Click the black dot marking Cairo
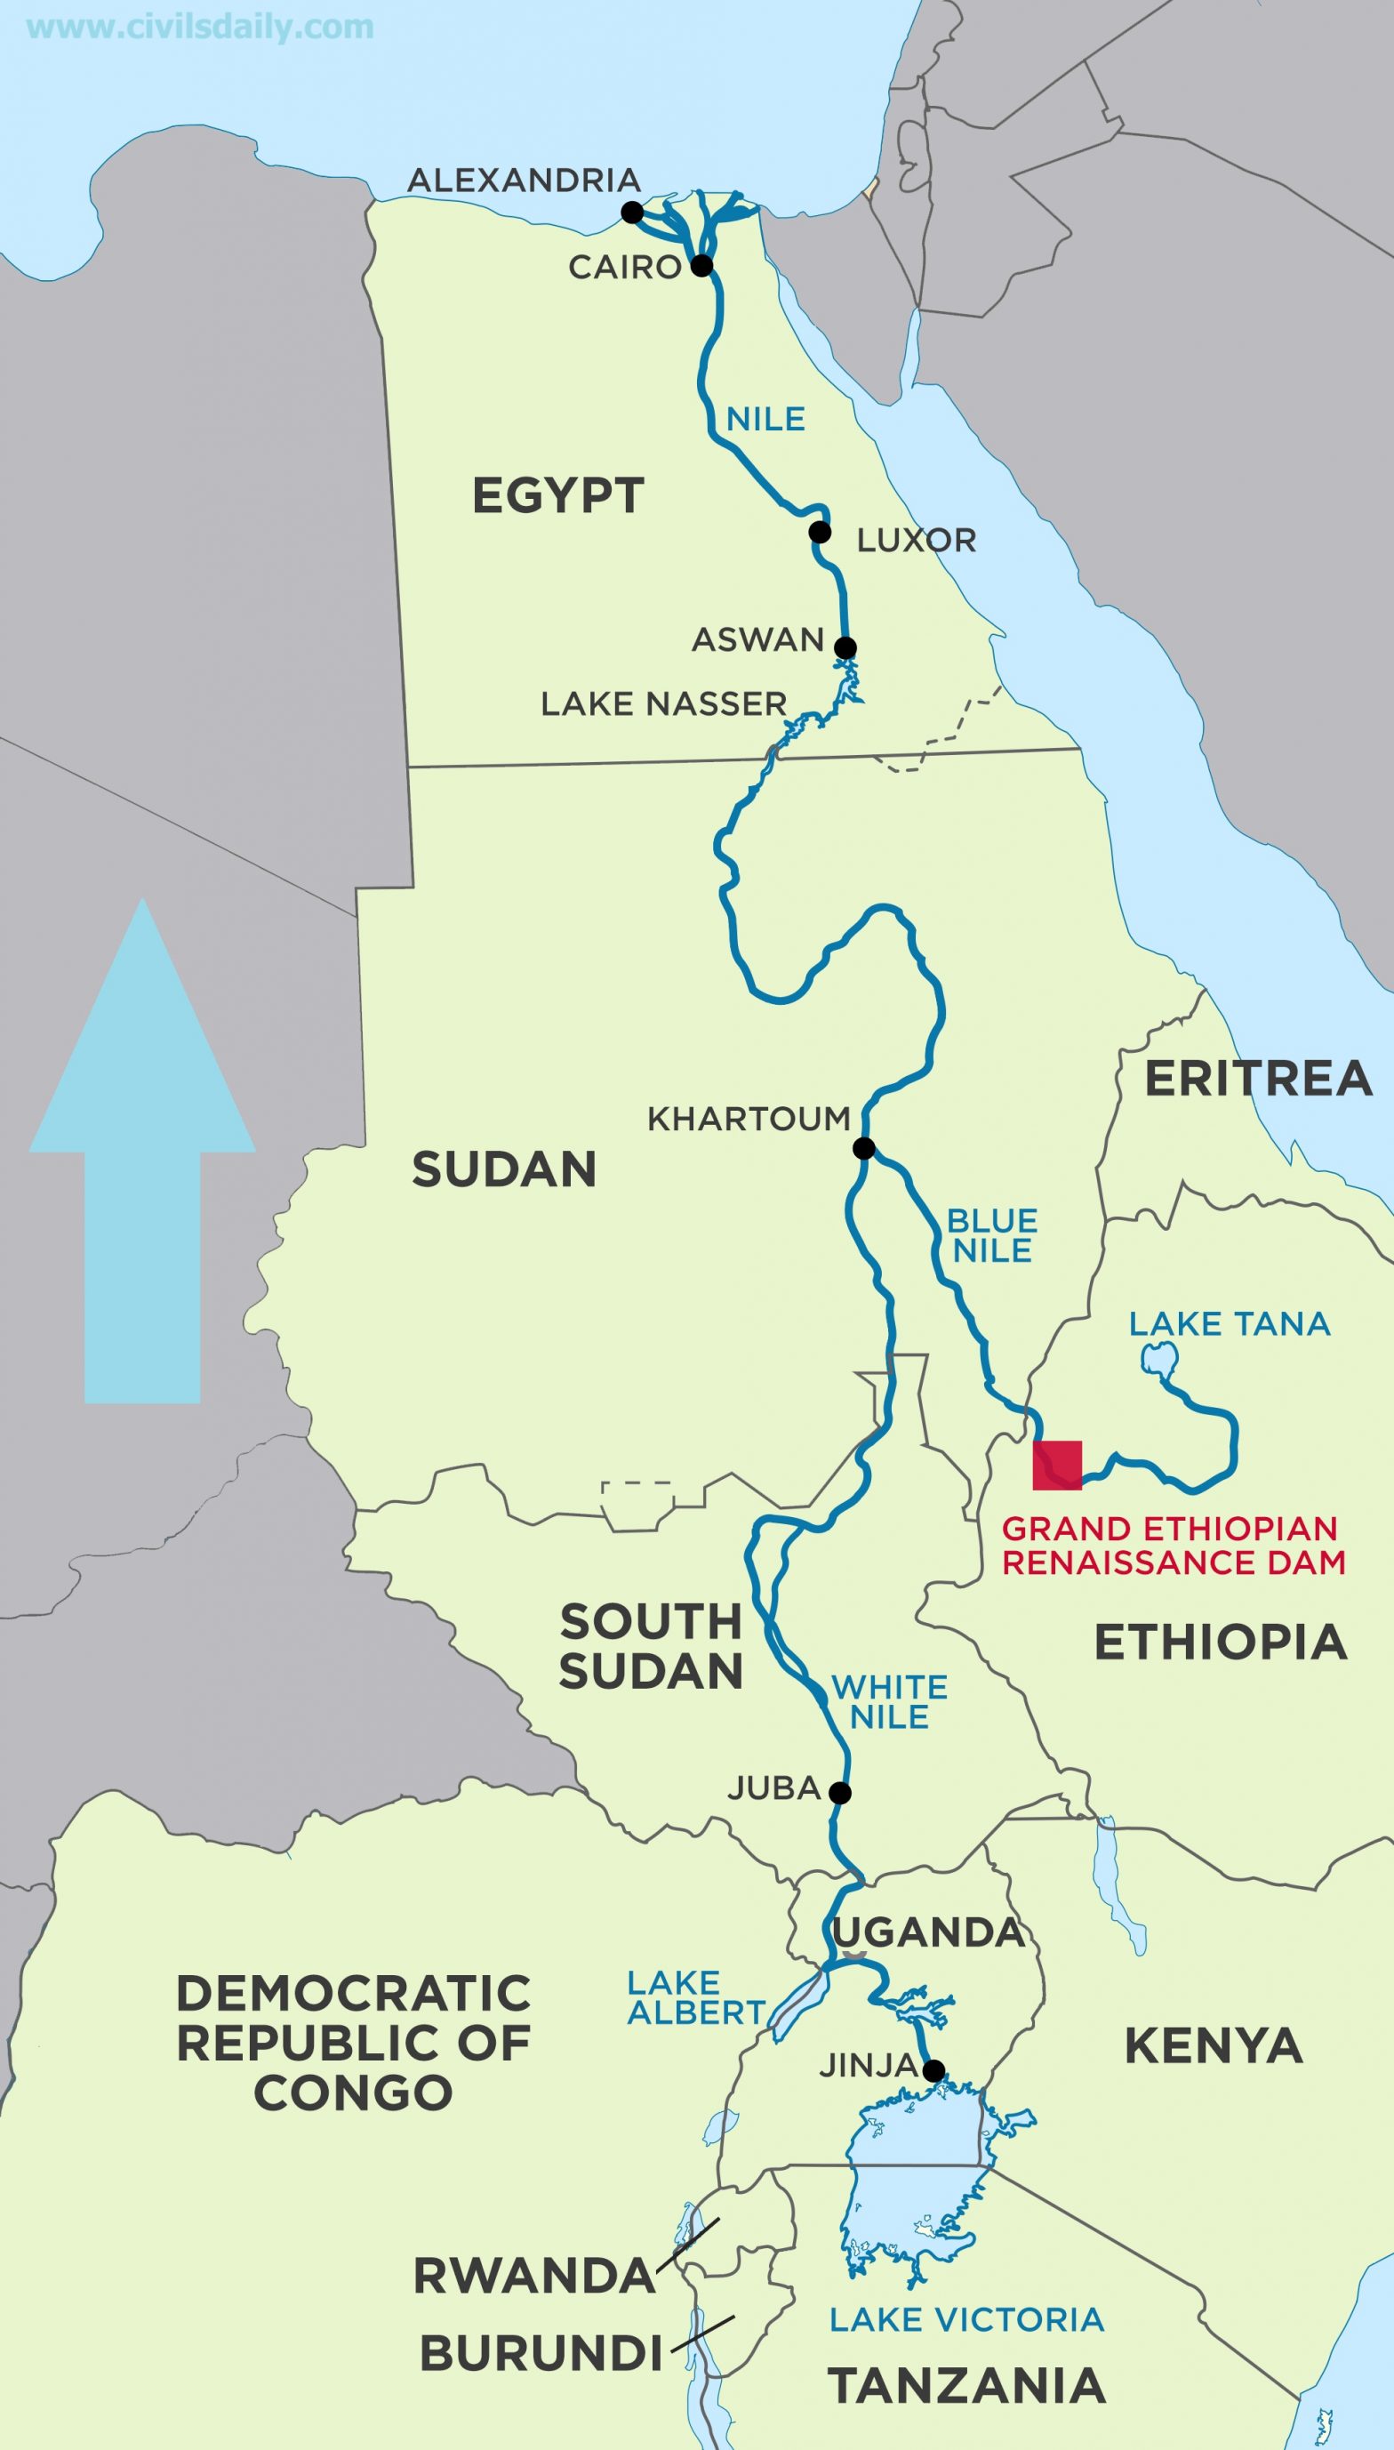point(701,265)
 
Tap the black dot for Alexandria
point(632,213)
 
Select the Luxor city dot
point(819,532)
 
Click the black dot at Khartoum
point(863,1148)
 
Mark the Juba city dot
point(839,1792)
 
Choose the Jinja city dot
point(935,2071)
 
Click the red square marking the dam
point(1057,1465)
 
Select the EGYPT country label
point(558,497)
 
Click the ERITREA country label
point(1258,1079)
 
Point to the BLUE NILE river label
point(992,1236)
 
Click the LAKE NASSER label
point(663,704)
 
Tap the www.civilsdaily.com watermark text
point(201,27)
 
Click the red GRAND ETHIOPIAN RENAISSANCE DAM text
point(1173,1545)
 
